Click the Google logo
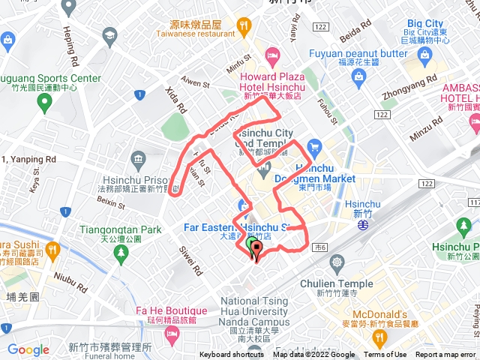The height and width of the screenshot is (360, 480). (x=28, y=349)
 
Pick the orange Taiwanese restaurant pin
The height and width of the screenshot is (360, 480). (x=243, y=28)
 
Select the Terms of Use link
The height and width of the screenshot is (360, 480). (x=385, y=355)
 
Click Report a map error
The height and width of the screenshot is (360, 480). (x=445, y=355)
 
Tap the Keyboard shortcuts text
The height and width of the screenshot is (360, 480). (x=232, y=355)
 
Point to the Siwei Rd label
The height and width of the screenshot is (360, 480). (x=190, y=257)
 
